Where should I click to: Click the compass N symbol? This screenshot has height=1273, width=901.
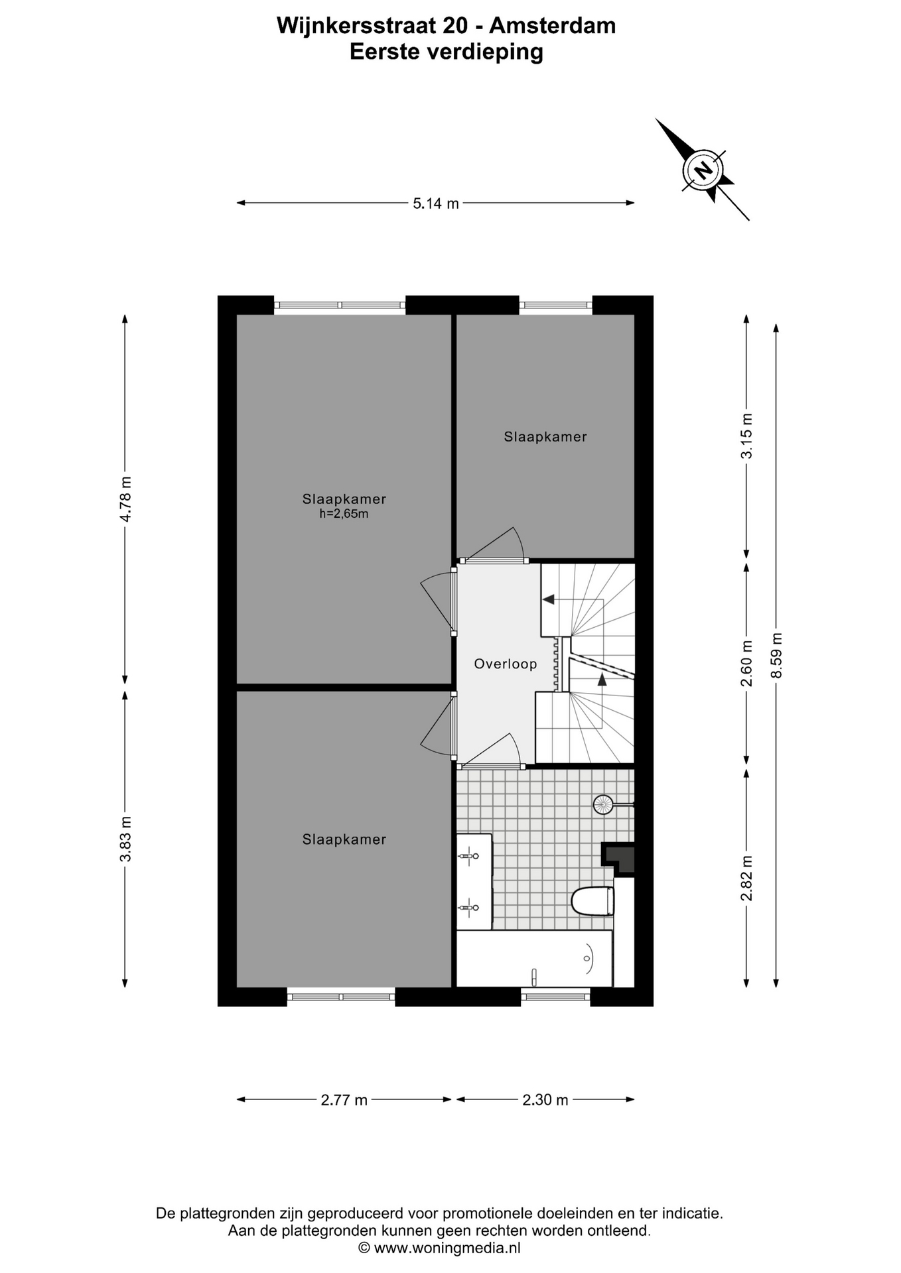tap(703, 170)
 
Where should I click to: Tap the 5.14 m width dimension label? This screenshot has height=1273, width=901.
tap(436, 204)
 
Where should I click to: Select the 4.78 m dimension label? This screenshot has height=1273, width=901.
tap(125, 499)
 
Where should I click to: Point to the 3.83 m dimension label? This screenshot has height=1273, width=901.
tap(125, 839)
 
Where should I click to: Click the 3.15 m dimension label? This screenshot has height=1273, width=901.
tap(747, 436)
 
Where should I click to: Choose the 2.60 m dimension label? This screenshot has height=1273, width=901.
tap(747, 664)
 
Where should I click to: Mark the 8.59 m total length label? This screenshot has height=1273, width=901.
tap(776, 655)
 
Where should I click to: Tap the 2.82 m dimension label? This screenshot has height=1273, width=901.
tap(747, 879)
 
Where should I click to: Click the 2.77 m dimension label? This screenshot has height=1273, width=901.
tap(344, 1100)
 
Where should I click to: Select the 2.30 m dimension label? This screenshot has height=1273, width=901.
tap(545, 1100)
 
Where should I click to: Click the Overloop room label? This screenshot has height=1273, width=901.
tap(506, 664)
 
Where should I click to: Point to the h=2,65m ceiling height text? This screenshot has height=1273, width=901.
tap(344, 513)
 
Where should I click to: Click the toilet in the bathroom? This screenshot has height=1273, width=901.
tap(593, 901)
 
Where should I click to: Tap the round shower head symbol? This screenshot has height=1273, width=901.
tap(603, 805)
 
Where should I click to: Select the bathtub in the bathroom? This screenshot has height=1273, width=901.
tap(534, 958)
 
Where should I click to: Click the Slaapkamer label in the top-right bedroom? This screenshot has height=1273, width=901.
tap(545, 436)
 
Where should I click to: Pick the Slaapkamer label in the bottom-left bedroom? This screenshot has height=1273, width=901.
tap(344, 839)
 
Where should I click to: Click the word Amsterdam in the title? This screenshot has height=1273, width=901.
tap(553, 25)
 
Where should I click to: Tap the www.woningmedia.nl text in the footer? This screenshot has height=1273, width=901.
tap(447, 1248)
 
